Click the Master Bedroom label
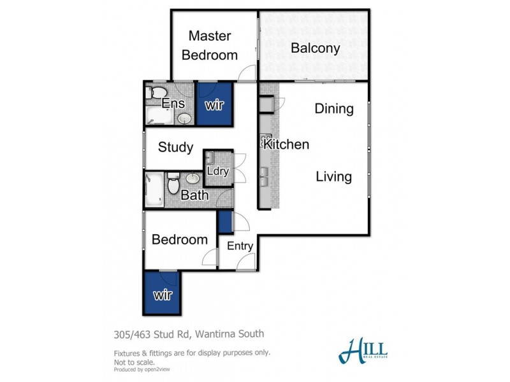pos(209,45)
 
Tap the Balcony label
pos(315,48)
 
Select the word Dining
pos(334,109)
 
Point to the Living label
pos(334,176)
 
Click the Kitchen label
pos(287,145)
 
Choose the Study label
pos(175,148)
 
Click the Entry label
pos(240,246)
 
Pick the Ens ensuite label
pos(173,104)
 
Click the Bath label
pos(194,195)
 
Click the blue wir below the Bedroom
pos(163,295)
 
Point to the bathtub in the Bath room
pos(154,188)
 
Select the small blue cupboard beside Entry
pos(224,222)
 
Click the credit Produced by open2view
pos(141,369)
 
